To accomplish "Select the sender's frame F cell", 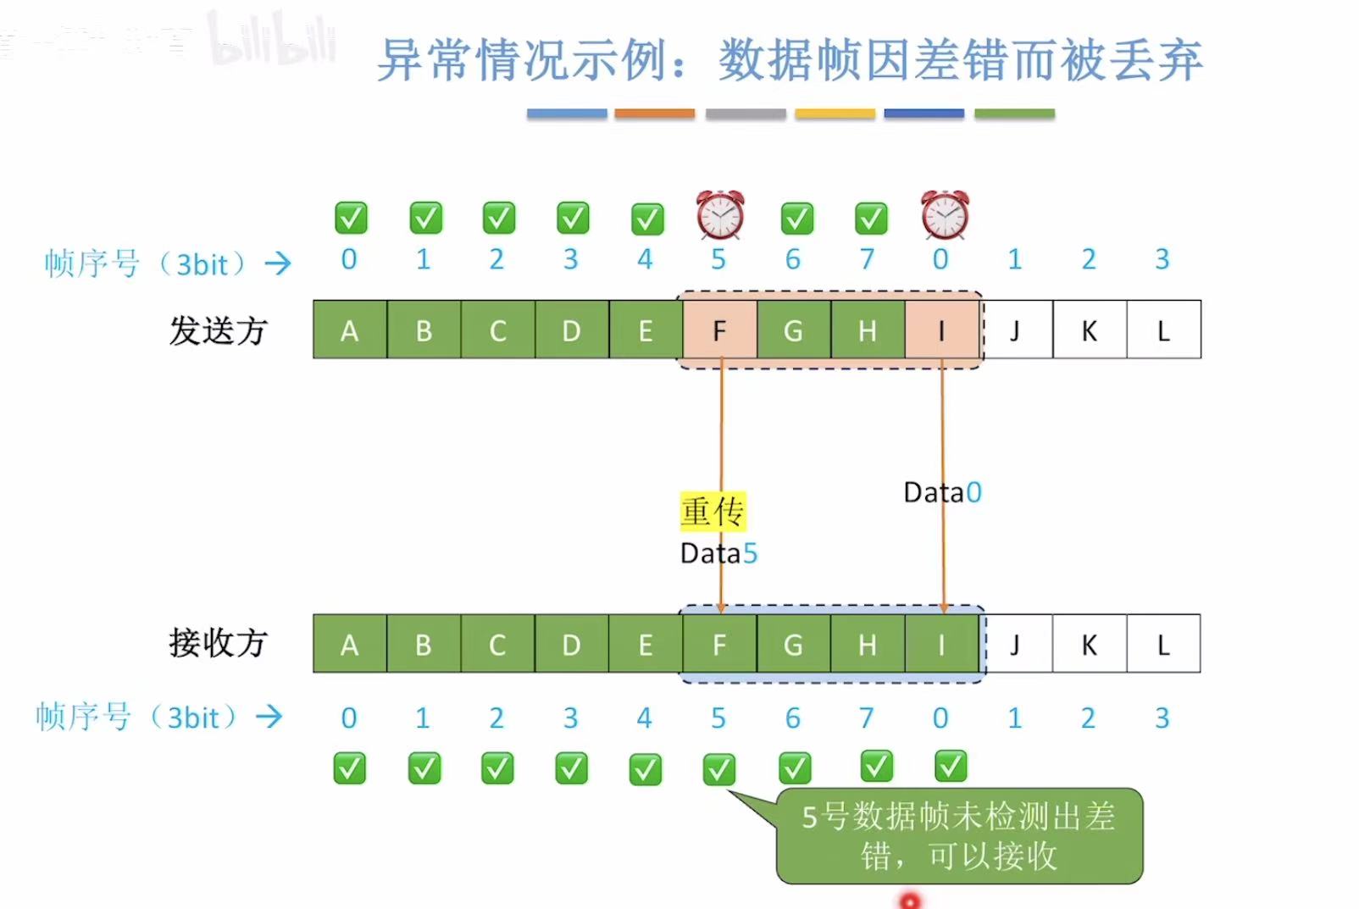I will coord(719,330).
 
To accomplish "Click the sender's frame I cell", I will coord(941,330).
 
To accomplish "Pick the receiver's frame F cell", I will coord(719,645).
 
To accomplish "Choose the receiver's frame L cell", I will coord(1163,645).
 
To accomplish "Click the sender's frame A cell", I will coord(349,330).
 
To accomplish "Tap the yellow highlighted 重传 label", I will coord(713,512).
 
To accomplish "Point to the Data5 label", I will coord(718,553).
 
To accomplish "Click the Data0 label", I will coord(942,492).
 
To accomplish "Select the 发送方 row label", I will coord(218,330).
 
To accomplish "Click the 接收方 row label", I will coord(218,643).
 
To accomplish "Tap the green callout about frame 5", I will coord(958,836).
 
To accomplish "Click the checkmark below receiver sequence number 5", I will coord(719,769).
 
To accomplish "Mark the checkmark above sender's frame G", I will coord(796,219).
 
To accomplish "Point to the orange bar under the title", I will coord(654,114).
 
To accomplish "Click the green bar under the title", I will coord(1014,114).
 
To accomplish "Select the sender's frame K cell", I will coord(1090,330).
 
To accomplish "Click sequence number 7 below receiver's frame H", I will coord(866,718).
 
